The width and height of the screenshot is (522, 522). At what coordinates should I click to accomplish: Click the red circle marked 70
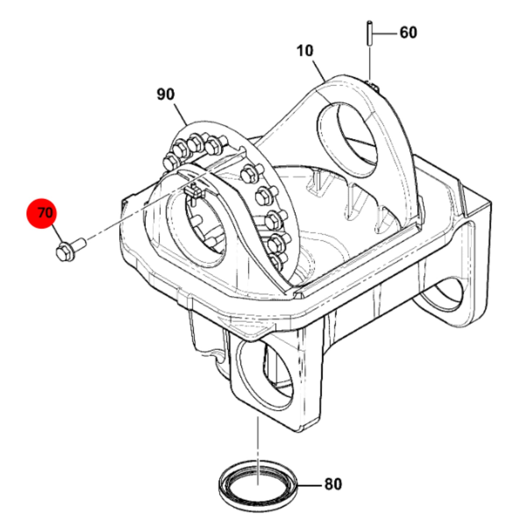pos(42,213)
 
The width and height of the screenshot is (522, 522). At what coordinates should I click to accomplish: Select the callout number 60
pos(408,33)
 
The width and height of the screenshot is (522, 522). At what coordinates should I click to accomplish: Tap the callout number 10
pos(305,51)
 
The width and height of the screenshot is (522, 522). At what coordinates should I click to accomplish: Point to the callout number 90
pos(165,94)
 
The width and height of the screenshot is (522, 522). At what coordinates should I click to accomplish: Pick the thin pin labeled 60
pos(370,33)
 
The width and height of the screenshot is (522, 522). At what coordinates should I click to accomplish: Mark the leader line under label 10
pos(319,71)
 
